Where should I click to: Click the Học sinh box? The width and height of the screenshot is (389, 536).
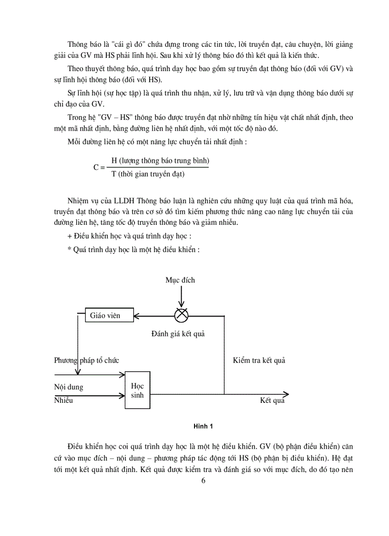137,390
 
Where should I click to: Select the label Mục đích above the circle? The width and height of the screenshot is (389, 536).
180,280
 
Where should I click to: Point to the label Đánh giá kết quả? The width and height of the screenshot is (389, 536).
178,334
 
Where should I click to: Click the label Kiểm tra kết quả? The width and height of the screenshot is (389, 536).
259,360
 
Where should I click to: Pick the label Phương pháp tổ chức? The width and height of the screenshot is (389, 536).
86,360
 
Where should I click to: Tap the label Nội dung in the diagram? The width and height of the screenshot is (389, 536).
69,387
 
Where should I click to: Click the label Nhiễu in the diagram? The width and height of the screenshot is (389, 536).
64,400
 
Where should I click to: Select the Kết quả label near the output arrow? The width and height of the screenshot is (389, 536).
272,400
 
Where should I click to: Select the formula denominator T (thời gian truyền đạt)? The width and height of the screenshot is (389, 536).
148,174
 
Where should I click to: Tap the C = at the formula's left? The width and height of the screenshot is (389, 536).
99,168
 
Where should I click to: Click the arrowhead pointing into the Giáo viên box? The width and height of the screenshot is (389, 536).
137,315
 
